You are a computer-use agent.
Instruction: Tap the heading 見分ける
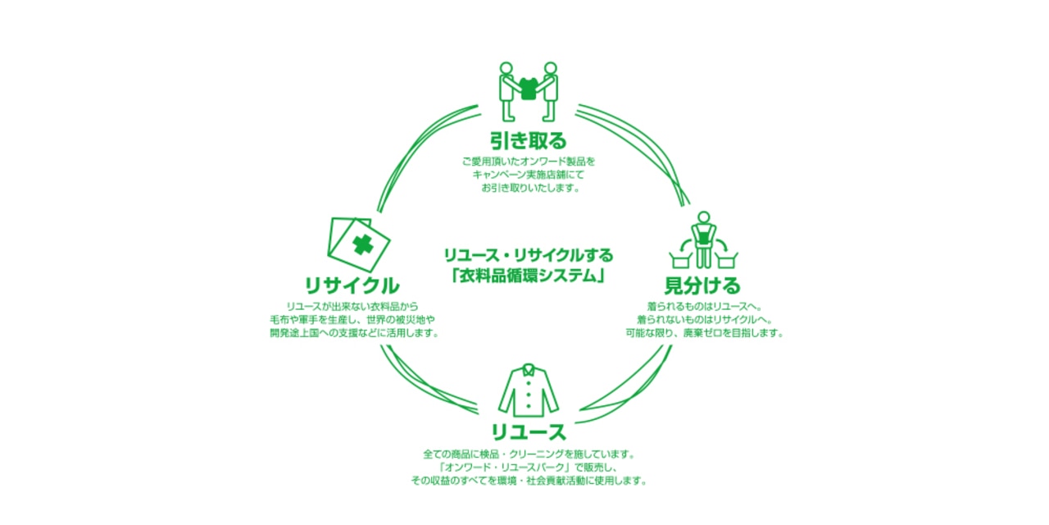point(702,285)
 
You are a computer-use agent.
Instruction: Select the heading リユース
point(529,431)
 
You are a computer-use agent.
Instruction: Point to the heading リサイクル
point(352,285)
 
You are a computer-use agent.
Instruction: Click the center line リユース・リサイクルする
point(528,256)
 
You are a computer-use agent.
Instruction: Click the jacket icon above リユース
point(529,391)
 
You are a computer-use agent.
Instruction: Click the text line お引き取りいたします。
point(529,188)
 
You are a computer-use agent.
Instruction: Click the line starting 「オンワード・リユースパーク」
point(529,467)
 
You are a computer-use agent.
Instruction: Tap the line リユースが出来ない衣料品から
point(352,305)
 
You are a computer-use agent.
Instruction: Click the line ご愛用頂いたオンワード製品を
point(529,161)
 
